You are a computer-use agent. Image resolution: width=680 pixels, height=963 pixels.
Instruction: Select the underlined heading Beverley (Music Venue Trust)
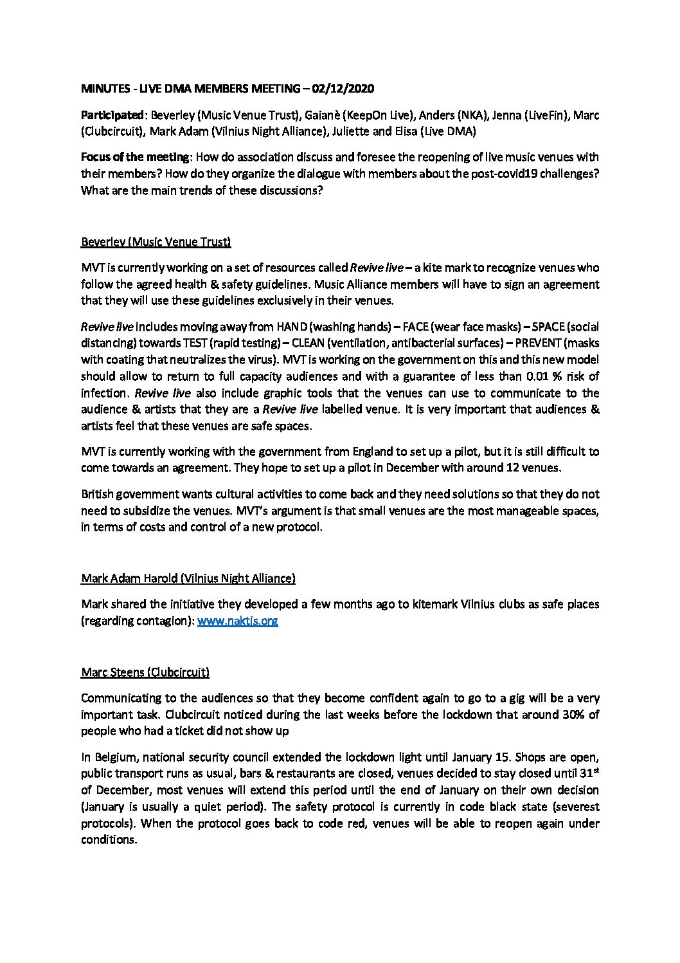coord(156,242)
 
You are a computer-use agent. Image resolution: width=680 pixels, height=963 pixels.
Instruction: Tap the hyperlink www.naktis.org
coord(237,621)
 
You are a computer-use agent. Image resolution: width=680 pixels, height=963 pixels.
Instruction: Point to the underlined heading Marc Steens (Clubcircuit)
coord(145,673)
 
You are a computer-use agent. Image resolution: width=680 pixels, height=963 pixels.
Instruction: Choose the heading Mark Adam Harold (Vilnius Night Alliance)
coord(188,578)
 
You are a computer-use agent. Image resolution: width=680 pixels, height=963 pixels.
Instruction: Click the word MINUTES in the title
coord(104,88)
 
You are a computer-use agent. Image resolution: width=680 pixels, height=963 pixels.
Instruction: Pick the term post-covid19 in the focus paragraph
coord(491,174)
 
